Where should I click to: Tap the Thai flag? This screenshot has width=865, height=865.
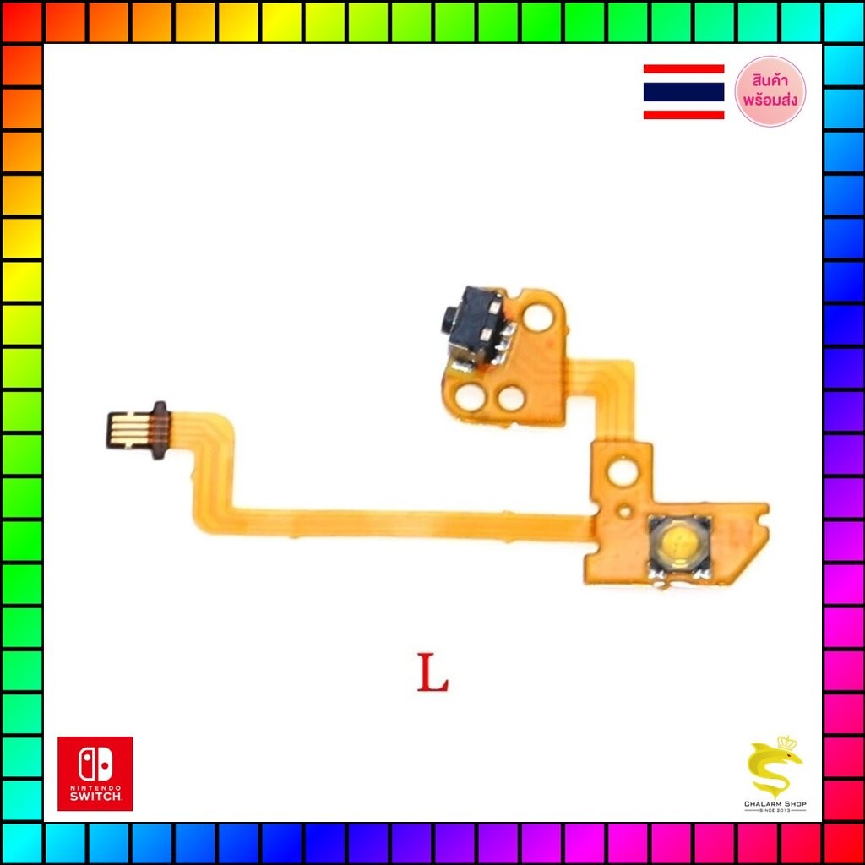683,91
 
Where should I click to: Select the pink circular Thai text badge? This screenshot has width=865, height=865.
770,91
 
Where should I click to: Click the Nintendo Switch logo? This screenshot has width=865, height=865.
95,774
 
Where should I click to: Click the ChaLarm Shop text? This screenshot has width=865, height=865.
775,804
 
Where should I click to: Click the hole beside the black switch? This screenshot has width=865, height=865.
537,318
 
